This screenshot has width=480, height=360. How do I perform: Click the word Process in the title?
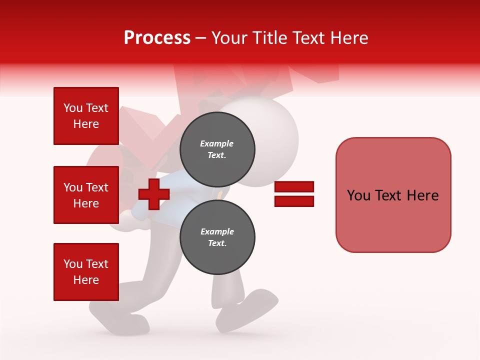pyautogui.click(x=157, y=38)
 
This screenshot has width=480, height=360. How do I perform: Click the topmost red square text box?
pyautogui.click(x=86, y=116)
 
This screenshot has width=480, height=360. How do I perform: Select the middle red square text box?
pyautogui.click(x=86, y=195)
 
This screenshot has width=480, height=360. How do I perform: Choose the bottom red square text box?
pyautogui.click(x=86, y=272)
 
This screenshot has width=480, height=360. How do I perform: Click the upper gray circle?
pyautogui.click(x=217, y=149)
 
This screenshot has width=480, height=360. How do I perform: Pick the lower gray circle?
pyautogui.click(x=217, y=237)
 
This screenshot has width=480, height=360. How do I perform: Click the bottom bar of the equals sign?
pyautogui.click(x=294, y=201)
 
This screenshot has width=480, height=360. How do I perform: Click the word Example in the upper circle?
pyautogui.click(x=217, y=143)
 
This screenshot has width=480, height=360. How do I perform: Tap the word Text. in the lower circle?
pyautogui.click(x=217, y=243)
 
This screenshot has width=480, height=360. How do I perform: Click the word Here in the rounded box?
pyautogui.click(x=422, y=195)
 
